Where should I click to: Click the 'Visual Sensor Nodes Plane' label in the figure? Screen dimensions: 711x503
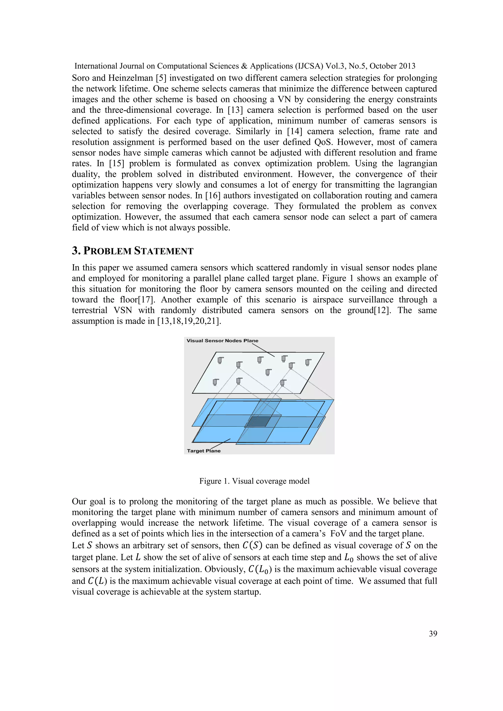[x=222, y=341]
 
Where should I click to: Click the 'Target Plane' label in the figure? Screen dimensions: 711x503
[x=204, y=451]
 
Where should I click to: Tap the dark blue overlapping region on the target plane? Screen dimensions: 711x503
[x=258, y=422]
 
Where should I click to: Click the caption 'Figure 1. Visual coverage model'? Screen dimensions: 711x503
[x=254, y=481]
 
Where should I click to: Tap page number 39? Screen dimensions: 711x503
[x=433, y=634]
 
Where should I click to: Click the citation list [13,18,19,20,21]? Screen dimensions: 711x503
[x=189, y=321]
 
